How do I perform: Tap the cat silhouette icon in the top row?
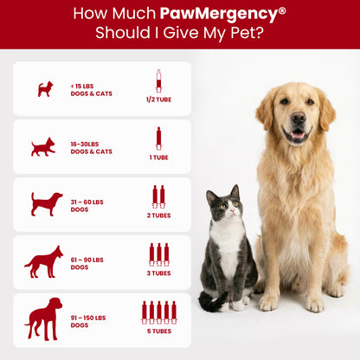[45, 88]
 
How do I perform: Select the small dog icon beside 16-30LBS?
[43, 146]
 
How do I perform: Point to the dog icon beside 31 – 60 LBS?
[46, 204]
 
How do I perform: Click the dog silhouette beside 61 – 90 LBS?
[43, 261]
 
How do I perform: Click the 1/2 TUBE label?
[158, 100]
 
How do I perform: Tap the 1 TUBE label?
[158, 157]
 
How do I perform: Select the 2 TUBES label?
[158, 215]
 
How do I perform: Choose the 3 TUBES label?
[158, 273]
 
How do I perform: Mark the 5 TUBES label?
[158, 331]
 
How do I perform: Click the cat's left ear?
[210, 195]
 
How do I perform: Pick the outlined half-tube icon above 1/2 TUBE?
[158, 80]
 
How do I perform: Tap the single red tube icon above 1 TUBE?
[158, 138]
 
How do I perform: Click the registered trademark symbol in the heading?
[282, 10]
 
